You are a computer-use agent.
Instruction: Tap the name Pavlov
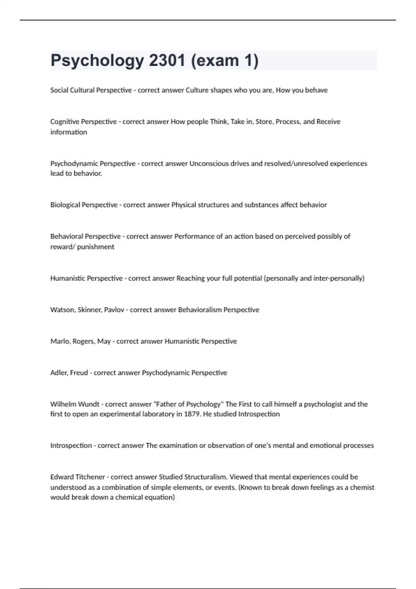(114, 310)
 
